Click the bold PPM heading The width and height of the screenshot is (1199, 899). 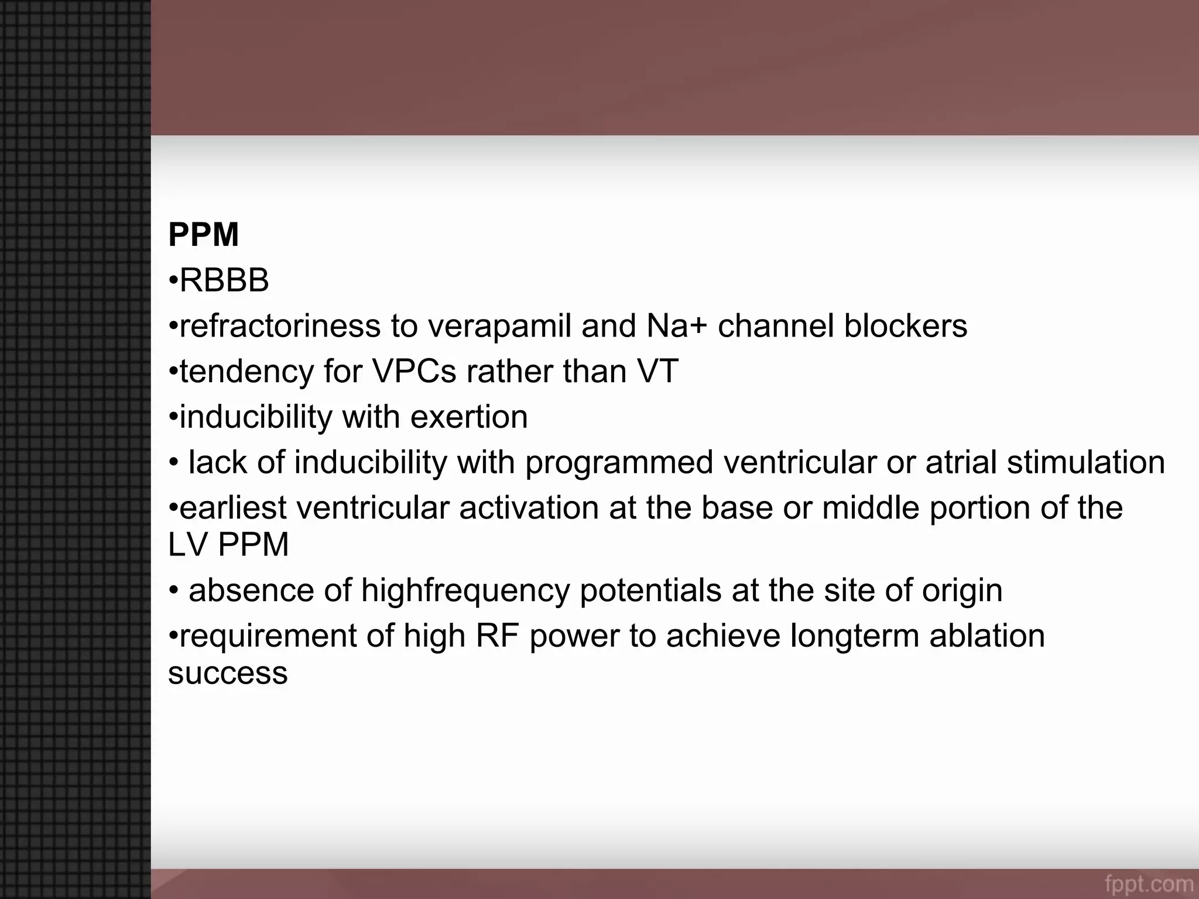coord(203,235)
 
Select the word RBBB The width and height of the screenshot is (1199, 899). coord(224,280)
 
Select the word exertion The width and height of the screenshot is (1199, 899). coord(469,417)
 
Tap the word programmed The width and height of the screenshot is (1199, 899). coord(619,462)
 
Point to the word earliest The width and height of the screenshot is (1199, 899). coord(233,507)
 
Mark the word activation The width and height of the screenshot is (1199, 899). coord(529,507)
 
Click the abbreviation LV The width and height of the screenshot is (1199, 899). coord(188,544)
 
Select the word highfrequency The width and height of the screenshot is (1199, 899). coord(465,590)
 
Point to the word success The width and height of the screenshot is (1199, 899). coord(228,673)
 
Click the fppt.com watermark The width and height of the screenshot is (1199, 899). coord(1149,884)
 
